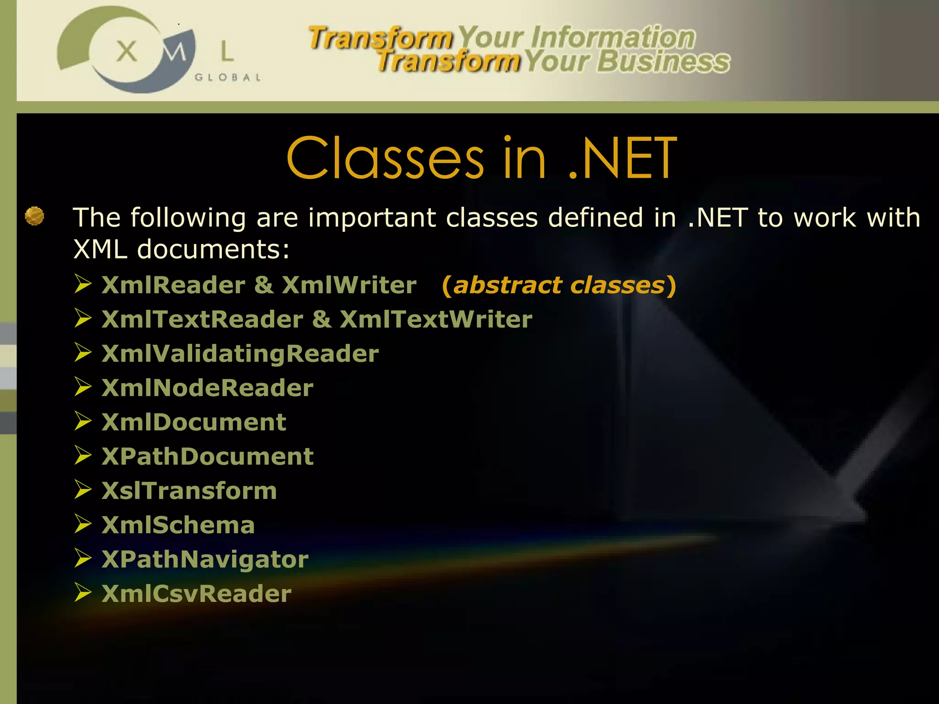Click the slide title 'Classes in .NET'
point(481,158)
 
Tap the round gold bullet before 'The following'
point(34,216)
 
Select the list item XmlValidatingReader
point(240,354)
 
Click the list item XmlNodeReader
point(207,388)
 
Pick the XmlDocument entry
point(194,422)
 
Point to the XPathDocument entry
point(207,456)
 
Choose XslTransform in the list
point(189,491)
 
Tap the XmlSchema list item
point(178,525)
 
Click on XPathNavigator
point(205,560)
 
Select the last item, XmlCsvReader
point(196,594)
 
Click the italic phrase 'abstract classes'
point(558,285)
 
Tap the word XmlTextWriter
point(436,319)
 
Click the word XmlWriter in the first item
point(349,285)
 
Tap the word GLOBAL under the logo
point(227,77)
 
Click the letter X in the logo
point(127,51)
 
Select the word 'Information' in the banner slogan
point(613,37)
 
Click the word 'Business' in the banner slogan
point(663,61)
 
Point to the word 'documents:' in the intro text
point(213,250)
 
